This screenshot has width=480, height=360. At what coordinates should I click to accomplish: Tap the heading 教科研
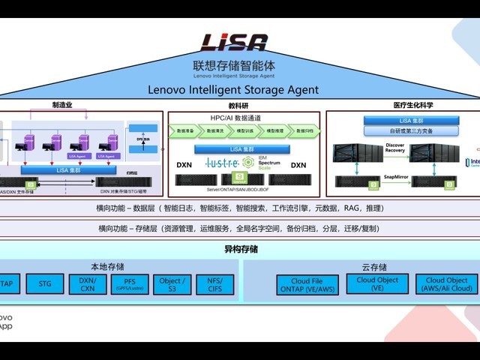pyautogui.click(x=238, y=106)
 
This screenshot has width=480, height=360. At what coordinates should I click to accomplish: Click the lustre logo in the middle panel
pyautogui.click(x=228, y=163)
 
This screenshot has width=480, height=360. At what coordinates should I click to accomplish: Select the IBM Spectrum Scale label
pyautogui.click(x=268, y=163)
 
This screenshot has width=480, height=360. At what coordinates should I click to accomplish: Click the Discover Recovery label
pyautogui.click(x=394, y=147)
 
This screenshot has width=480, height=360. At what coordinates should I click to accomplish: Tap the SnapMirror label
pyautogui.click(x=395, y=177)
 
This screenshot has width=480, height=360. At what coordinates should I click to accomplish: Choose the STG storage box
pyautogui.click(x=45, y=283)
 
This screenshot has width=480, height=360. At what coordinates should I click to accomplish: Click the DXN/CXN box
pyautogui.click(x=88, y=283)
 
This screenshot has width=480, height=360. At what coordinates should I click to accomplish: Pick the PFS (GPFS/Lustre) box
pyautogui.click(x=130, y=283)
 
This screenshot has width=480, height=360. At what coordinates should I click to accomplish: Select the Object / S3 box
pyautogui.click(x=172, y=283)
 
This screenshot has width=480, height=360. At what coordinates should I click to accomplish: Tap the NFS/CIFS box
pyautogui.click(x=214, y=283)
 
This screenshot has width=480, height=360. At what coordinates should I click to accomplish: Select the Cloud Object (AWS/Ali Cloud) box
pyautogui.click(x=447, y=283)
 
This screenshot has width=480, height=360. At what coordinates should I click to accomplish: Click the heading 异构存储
pyautogui.click(x=240, y=249)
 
